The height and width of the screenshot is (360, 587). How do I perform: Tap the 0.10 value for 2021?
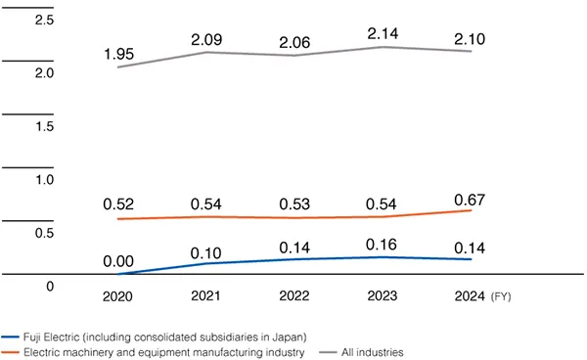(206, 249)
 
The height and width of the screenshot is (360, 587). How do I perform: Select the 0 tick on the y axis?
(49, 287)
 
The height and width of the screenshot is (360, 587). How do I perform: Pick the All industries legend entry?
(369, 350)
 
